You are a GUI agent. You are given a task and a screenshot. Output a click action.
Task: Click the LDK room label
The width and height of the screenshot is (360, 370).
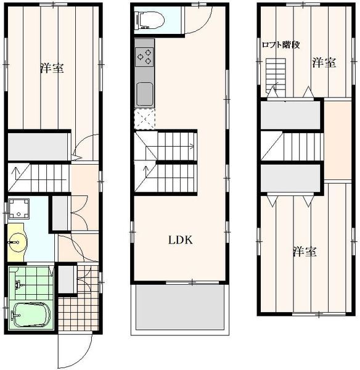point(181,240)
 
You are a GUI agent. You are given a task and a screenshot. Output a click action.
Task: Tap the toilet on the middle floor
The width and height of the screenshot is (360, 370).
point(150,20)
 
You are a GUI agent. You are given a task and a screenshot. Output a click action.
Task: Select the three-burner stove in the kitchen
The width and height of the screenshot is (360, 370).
point(144,57)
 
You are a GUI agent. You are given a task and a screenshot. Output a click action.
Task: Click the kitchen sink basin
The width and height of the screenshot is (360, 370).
point(144,94)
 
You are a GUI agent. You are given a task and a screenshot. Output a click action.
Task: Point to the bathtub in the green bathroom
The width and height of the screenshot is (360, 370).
point(31,314)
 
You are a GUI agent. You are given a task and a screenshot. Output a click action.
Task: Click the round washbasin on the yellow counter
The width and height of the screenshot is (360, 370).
point(17,242)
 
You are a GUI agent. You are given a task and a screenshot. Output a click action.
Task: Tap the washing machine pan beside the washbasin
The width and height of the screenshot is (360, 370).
point(18,208)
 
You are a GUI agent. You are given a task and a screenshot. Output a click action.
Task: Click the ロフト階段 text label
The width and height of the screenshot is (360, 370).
point(280,44)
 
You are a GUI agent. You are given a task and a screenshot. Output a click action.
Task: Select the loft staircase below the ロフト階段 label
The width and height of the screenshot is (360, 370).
point(276,76)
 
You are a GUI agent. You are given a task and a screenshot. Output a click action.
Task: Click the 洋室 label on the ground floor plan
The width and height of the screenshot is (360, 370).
point(52,68)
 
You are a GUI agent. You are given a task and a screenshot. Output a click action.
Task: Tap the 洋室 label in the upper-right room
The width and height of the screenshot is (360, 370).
point(324,63)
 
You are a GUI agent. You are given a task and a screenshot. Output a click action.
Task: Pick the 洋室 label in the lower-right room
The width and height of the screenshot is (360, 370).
point(305,252)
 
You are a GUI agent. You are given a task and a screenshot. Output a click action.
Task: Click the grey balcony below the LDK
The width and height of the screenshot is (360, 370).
point(180,307)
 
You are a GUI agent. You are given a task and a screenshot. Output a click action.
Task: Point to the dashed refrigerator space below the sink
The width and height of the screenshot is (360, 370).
point(144,118)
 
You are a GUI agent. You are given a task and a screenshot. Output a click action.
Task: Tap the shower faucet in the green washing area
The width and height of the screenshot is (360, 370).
point(18,284)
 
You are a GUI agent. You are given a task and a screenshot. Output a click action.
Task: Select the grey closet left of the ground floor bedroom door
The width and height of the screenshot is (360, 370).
point(38,147)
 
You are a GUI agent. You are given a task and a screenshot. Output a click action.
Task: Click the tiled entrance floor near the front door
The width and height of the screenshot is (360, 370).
point(78,314)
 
